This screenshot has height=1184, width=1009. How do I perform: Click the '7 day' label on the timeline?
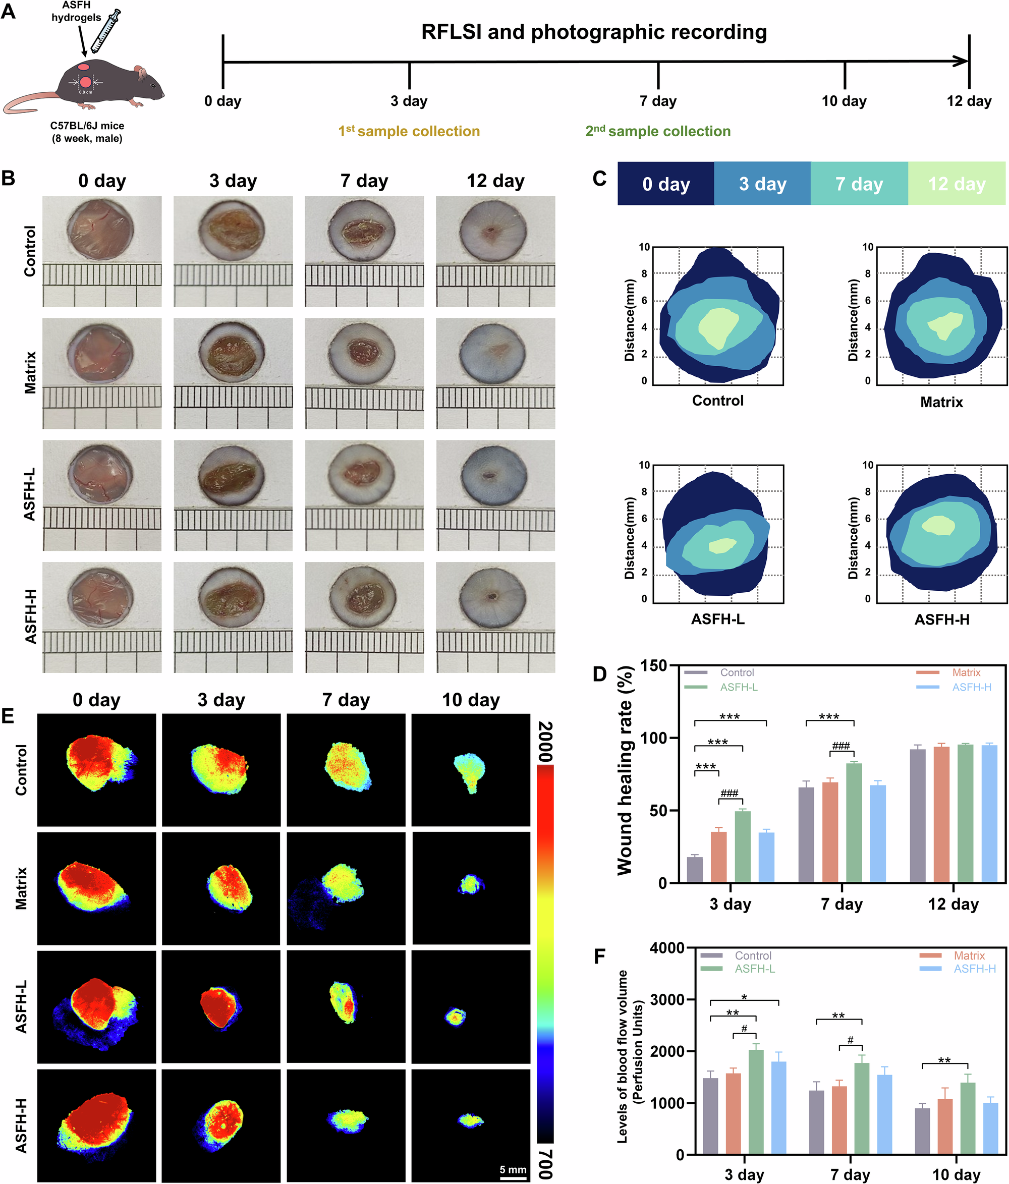tap(658, 101)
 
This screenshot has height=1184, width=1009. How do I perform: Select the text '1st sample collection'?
tap(409, 132)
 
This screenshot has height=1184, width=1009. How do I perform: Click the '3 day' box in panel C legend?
tap(762, 184)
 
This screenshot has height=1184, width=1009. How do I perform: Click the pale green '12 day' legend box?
tap(957, 184)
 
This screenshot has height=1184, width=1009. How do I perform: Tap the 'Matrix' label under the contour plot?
tap(941, 402)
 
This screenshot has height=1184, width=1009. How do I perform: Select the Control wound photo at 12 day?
tap(495, 251)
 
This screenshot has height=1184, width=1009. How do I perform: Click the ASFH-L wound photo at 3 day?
tap(233, 495)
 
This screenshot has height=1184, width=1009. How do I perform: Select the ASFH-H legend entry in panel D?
tap(971, 687)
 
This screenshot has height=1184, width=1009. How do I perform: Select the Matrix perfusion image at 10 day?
tap(471, 888)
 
